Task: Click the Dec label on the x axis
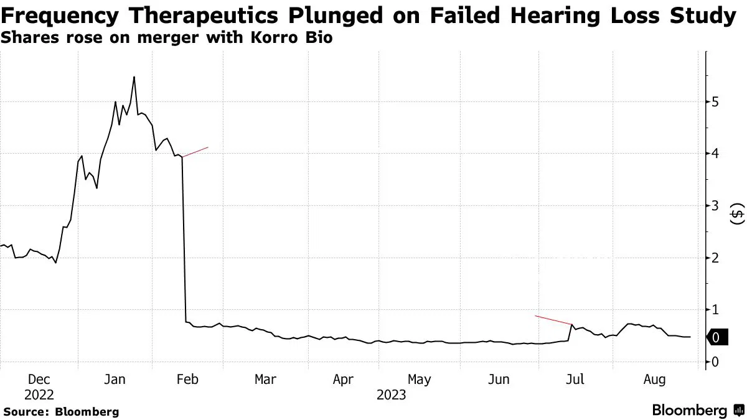tap(39, 379)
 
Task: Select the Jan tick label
tap(115, 379)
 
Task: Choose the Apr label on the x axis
tap(343, 379)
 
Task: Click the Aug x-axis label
tap(654, 379)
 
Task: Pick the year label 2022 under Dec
tap(39, 395)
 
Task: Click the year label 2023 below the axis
tap(390, 395)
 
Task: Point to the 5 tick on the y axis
tap(716, 101)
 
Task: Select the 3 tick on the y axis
tap(716, 205)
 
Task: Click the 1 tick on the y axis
tap(716, 310)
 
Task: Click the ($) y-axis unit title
tap(737, 216)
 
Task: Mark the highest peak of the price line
tap(134, 77)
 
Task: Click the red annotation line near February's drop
tap(195, 152)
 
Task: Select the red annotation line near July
tap(553, 320)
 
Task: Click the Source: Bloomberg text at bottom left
tap(61, 411)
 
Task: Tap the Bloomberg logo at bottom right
tap(697, 411)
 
